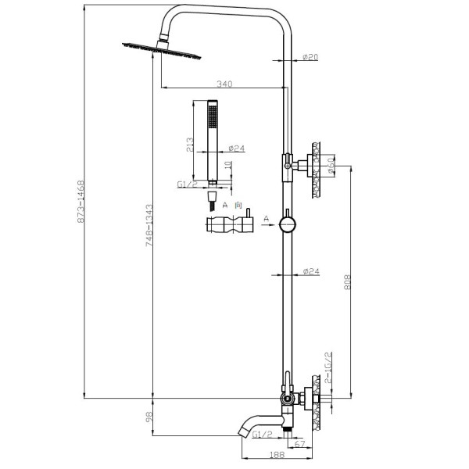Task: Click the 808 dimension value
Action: pyautogui.click(x=349, y=282)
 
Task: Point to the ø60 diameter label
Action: pyautogui.click(x=332, y=165)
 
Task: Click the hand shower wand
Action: pyautogui.click(x=211, y=141)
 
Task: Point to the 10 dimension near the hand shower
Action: pyautogui.click(x=227, y=166)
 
